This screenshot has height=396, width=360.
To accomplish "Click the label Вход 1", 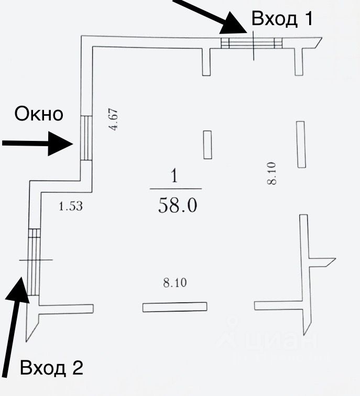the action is [282, 19].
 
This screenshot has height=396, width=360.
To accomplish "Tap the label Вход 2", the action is [51, 368].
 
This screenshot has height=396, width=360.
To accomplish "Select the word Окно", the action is [39, 114].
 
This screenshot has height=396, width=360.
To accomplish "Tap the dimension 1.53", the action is [71, 206].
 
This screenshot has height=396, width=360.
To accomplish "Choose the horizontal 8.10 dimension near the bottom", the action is [175, 283].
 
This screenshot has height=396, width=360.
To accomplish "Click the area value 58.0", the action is [177, 206].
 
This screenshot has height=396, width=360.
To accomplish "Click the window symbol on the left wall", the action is [86, 138].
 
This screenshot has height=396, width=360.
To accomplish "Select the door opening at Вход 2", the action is [34, 262].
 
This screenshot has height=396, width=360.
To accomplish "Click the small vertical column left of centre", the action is [208, 145].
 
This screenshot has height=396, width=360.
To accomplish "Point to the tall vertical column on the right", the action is [301, 145].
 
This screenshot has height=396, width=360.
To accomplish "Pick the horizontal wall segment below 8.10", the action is [174, 307].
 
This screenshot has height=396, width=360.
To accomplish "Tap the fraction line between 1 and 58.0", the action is [176, 189].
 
